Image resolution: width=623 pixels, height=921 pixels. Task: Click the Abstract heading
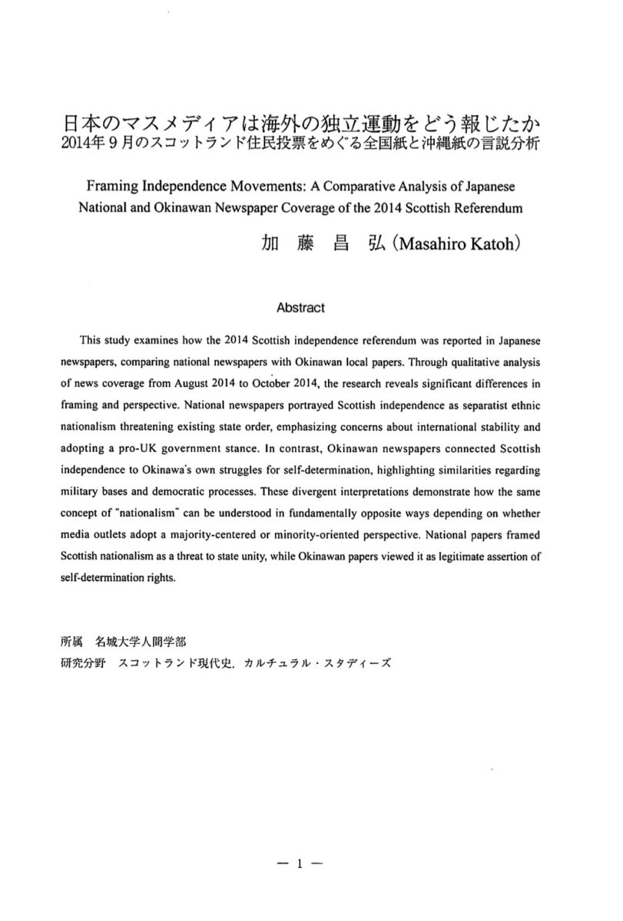300,308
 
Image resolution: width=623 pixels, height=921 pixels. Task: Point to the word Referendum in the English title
485,208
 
